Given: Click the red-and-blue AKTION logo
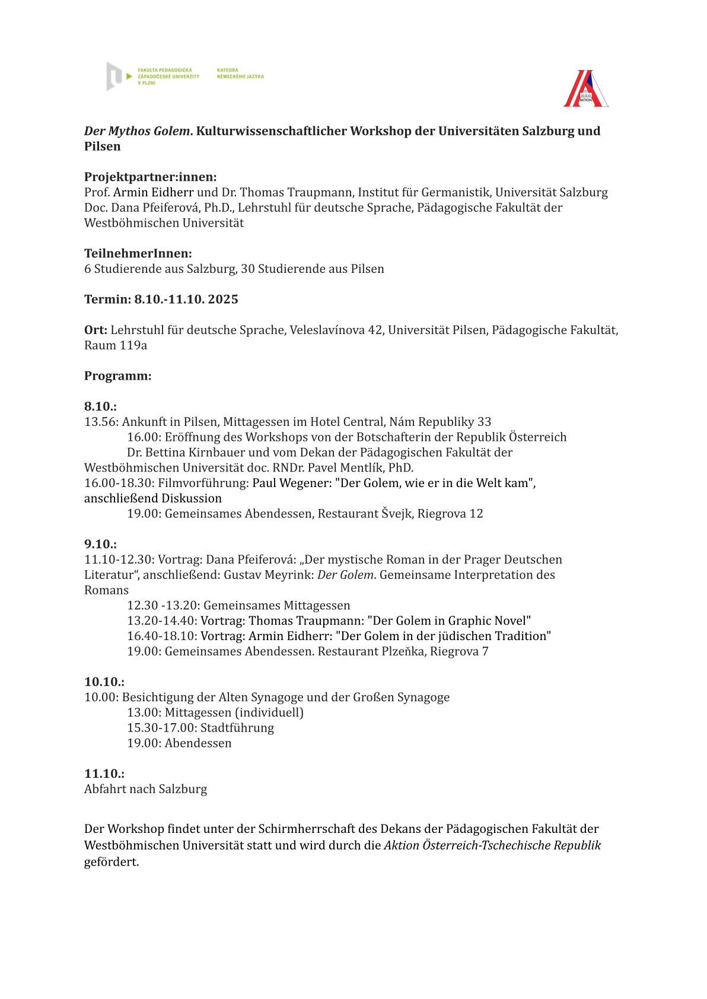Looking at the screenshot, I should tap(586, 89).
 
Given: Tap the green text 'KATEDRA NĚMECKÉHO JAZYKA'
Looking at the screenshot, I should tap(240, 74).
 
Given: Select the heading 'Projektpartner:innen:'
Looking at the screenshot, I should tap(150, 177).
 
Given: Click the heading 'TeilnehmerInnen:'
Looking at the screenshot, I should tap(138, 253).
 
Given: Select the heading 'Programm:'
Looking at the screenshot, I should tap(117, 376).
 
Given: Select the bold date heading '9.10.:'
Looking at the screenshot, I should tap(100, 544).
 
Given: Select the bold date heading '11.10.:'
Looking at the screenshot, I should tap(104, 774).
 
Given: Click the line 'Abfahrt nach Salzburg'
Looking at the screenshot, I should tap(145, 789).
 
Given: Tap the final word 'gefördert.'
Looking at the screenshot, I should tap(112, 862).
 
